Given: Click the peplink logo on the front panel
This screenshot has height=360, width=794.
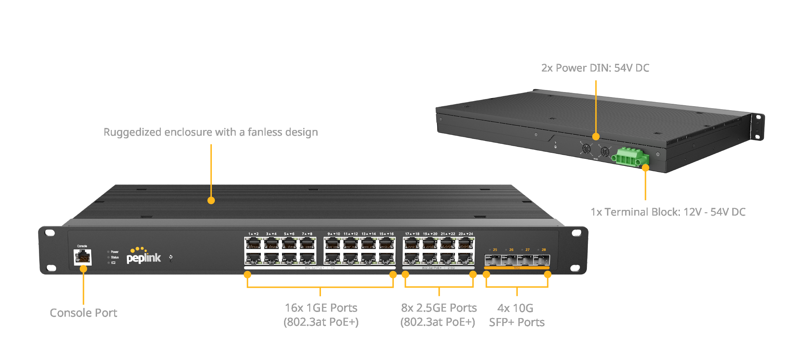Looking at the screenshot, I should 144,257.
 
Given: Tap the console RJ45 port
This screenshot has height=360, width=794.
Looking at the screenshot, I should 83,257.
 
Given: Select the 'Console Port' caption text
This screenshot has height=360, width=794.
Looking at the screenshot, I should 83,313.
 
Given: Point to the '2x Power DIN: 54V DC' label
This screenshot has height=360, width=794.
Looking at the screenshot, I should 595,68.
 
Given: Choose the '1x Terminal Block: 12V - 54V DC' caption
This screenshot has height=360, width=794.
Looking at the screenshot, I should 668,212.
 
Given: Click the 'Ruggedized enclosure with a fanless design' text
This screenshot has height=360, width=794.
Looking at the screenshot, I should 211,132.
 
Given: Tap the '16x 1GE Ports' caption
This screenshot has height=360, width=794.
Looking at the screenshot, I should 321,308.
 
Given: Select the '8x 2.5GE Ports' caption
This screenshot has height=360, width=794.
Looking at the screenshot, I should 439,308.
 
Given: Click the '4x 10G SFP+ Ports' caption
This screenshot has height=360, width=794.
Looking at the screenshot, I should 516,315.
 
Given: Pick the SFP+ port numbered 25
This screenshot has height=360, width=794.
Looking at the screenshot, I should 493,260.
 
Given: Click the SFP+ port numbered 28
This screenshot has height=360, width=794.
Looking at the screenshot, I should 542,260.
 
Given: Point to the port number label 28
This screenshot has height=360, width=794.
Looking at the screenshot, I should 544,250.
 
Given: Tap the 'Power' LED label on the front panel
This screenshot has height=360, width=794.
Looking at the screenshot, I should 114,252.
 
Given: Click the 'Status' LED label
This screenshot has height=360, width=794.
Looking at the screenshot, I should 115,257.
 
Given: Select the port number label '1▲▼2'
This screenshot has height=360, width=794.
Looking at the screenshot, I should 253,234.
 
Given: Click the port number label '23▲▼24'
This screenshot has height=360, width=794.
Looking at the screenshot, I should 466,234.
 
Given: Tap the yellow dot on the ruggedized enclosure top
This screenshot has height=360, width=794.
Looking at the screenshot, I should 211,200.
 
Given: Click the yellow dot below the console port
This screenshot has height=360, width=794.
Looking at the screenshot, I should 83,269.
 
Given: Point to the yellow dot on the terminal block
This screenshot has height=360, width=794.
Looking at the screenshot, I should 645,168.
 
